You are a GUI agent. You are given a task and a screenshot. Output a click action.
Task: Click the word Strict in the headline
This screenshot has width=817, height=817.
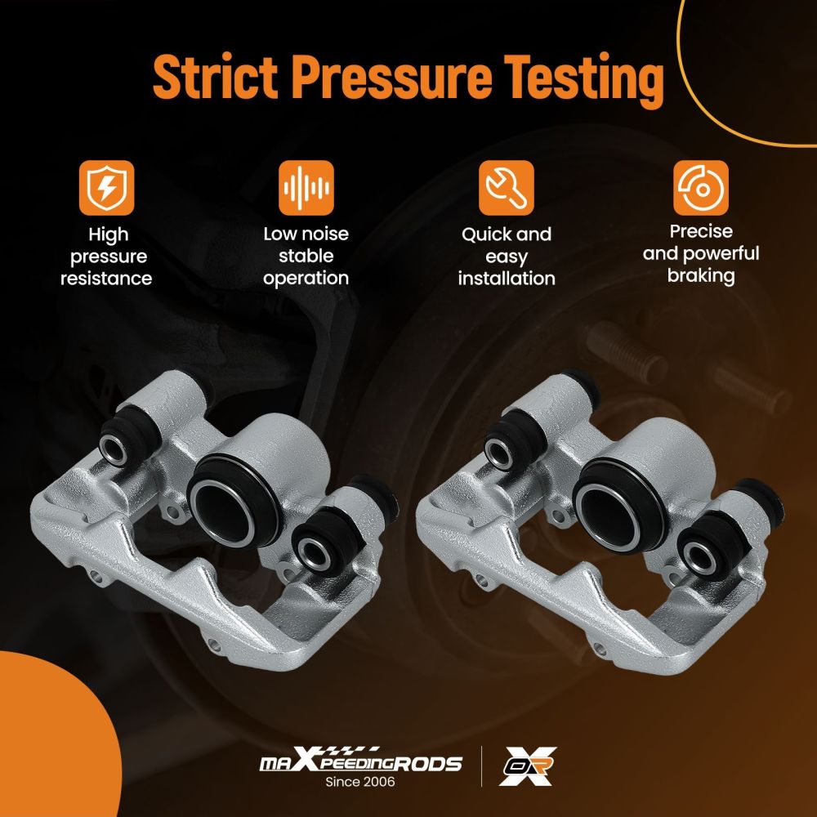pyautogui.click(x=215, y=76)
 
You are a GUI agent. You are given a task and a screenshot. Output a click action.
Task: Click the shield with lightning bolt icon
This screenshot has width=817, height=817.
pyautogui.click(x=106, y=188)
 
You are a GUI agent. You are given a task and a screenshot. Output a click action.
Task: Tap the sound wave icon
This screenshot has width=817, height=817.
pyautogui.click(x=306, y=188)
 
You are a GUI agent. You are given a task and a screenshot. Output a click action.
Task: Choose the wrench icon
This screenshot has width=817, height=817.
pyautogui.click(x=506, y=188)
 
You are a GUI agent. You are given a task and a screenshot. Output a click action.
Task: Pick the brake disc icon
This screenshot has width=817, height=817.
pyautogui.click(x=700, y=188)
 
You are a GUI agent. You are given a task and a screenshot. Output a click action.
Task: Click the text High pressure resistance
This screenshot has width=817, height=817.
pyautogui.click(x=106, y=257)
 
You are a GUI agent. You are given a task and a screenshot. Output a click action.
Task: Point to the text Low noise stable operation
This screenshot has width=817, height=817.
pyautogui.click(x=306, y=256)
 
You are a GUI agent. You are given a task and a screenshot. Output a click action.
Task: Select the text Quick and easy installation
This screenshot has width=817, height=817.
pyautogui.click(x=507, y=257)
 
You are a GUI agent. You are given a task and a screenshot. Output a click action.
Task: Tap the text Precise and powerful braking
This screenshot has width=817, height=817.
pyautogui.click(x=701, y=254)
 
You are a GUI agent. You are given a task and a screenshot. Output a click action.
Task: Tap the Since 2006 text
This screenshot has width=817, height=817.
pyautogui.click(x=360, y=782)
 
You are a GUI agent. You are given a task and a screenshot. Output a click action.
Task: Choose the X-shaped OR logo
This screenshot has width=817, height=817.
pyautogui.click(x=528, y=766)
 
